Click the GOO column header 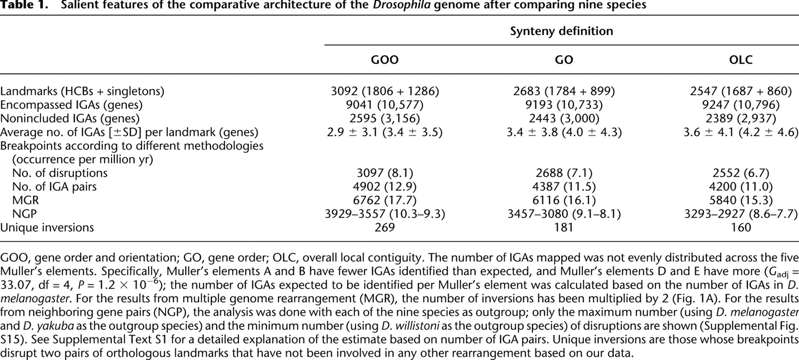coord(385,60)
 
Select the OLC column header coord(741,60)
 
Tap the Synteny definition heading coord(562,31)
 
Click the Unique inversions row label coord(47,227)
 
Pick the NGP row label coord(25,214)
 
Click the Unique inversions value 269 coord(385,227)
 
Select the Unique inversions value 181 coord(564,227)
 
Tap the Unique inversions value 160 coord(741,227)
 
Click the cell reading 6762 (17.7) coord(385,200)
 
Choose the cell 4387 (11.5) coord(564,187)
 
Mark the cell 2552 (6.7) coord(741,173)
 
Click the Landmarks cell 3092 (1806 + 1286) coord(385,91)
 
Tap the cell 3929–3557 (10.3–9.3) coord(385,214)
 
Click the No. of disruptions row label coord(60,173)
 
